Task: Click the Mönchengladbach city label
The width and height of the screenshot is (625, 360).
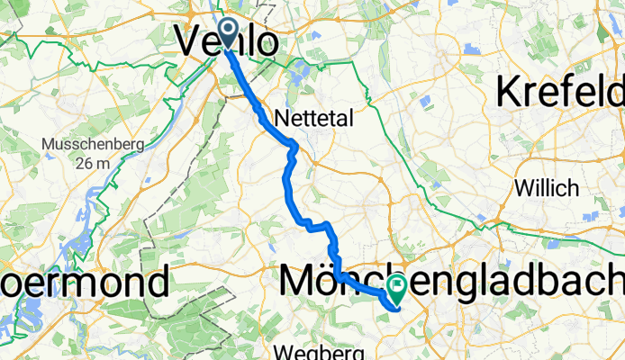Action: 450,282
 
